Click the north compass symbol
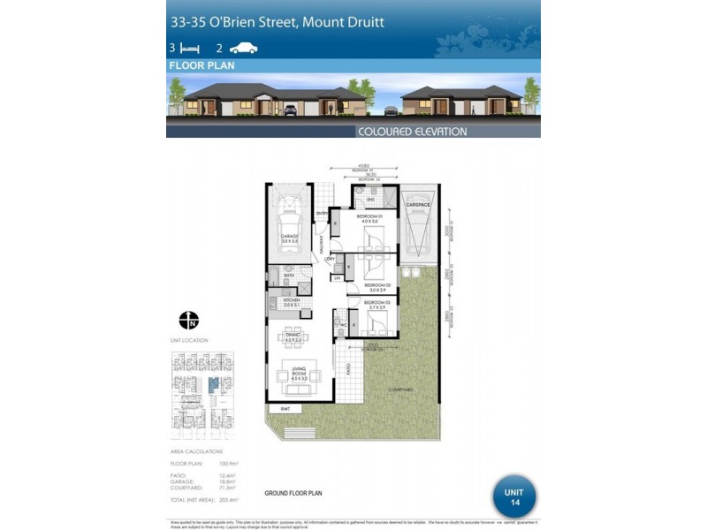click(x=188, y=319)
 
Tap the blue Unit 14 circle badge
click(x=514, y=496)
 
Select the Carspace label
click(x=418, y=204)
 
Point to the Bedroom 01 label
click(x=369, y=217)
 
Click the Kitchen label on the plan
click(x=293, y=302)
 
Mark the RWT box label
click(x=285, y=409)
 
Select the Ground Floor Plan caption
click(x=293, y=493)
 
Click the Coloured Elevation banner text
click(x=412, y=132)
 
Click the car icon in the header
click(x=243, y=49)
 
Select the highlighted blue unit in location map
click(x=212, y=384)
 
